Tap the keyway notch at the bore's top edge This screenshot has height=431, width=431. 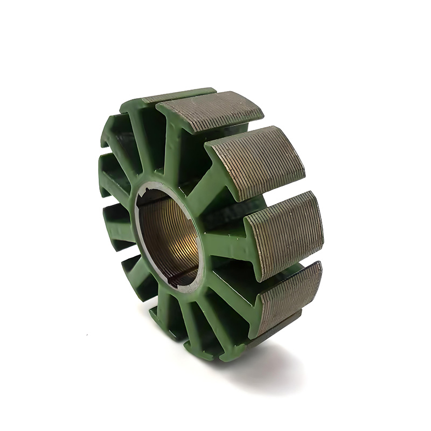click(x=153, y=190)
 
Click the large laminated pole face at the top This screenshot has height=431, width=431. click(x=211, y=111)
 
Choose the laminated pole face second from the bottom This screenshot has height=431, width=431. click(x=286, y=232)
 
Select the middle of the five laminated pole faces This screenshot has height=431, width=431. click(x=255, y=162)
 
